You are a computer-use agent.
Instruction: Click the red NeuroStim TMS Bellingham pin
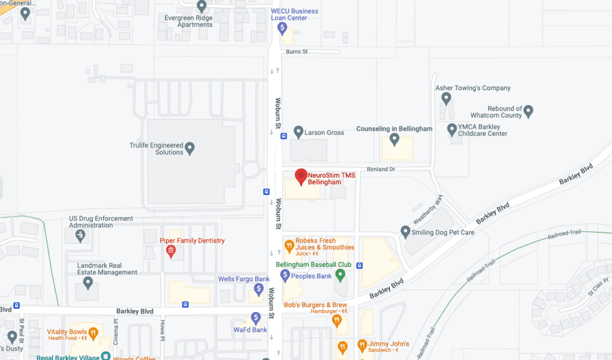click(x=301, y=176)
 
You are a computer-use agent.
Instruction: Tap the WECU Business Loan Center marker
click(x=282, y=27)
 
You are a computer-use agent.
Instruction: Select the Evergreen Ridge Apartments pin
click(x=202, y=6)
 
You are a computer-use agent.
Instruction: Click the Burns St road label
click(x=297, y=52)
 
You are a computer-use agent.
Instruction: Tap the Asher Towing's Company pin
click(x=446, y=98)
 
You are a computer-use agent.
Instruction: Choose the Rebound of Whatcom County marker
click(x=528, y=111)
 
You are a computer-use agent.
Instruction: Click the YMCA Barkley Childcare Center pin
click(x=452, y=129)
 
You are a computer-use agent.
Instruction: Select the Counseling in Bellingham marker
click(x=394, y=139)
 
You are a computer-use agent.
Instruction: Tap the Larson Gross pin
click(x=299, y=132)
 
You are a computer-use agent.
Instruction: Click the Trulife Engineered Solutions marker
click(x=190, y=148)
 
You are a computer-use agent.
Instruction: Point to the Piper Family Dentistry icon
click(x=170, y=251)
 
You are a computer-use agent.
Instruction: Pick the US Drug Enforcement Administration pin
click(x=80, y=235)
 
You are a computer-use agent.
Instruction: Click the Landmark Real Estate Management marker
click(x=88, y=282)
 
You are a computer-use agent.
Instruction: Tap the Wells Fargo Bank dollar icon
click(x=259, y=289)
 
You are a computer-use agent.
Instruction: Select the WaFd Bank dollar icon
click(x=256, y=317)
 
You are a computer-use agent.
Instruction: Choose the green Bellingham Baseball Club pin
click(x=340, y=275)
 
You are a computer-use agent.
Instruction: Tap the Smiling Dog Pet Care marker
click(x=405, y=232)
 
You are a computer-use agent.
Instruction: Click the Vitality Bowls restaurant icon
click(x=93, y=332)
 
